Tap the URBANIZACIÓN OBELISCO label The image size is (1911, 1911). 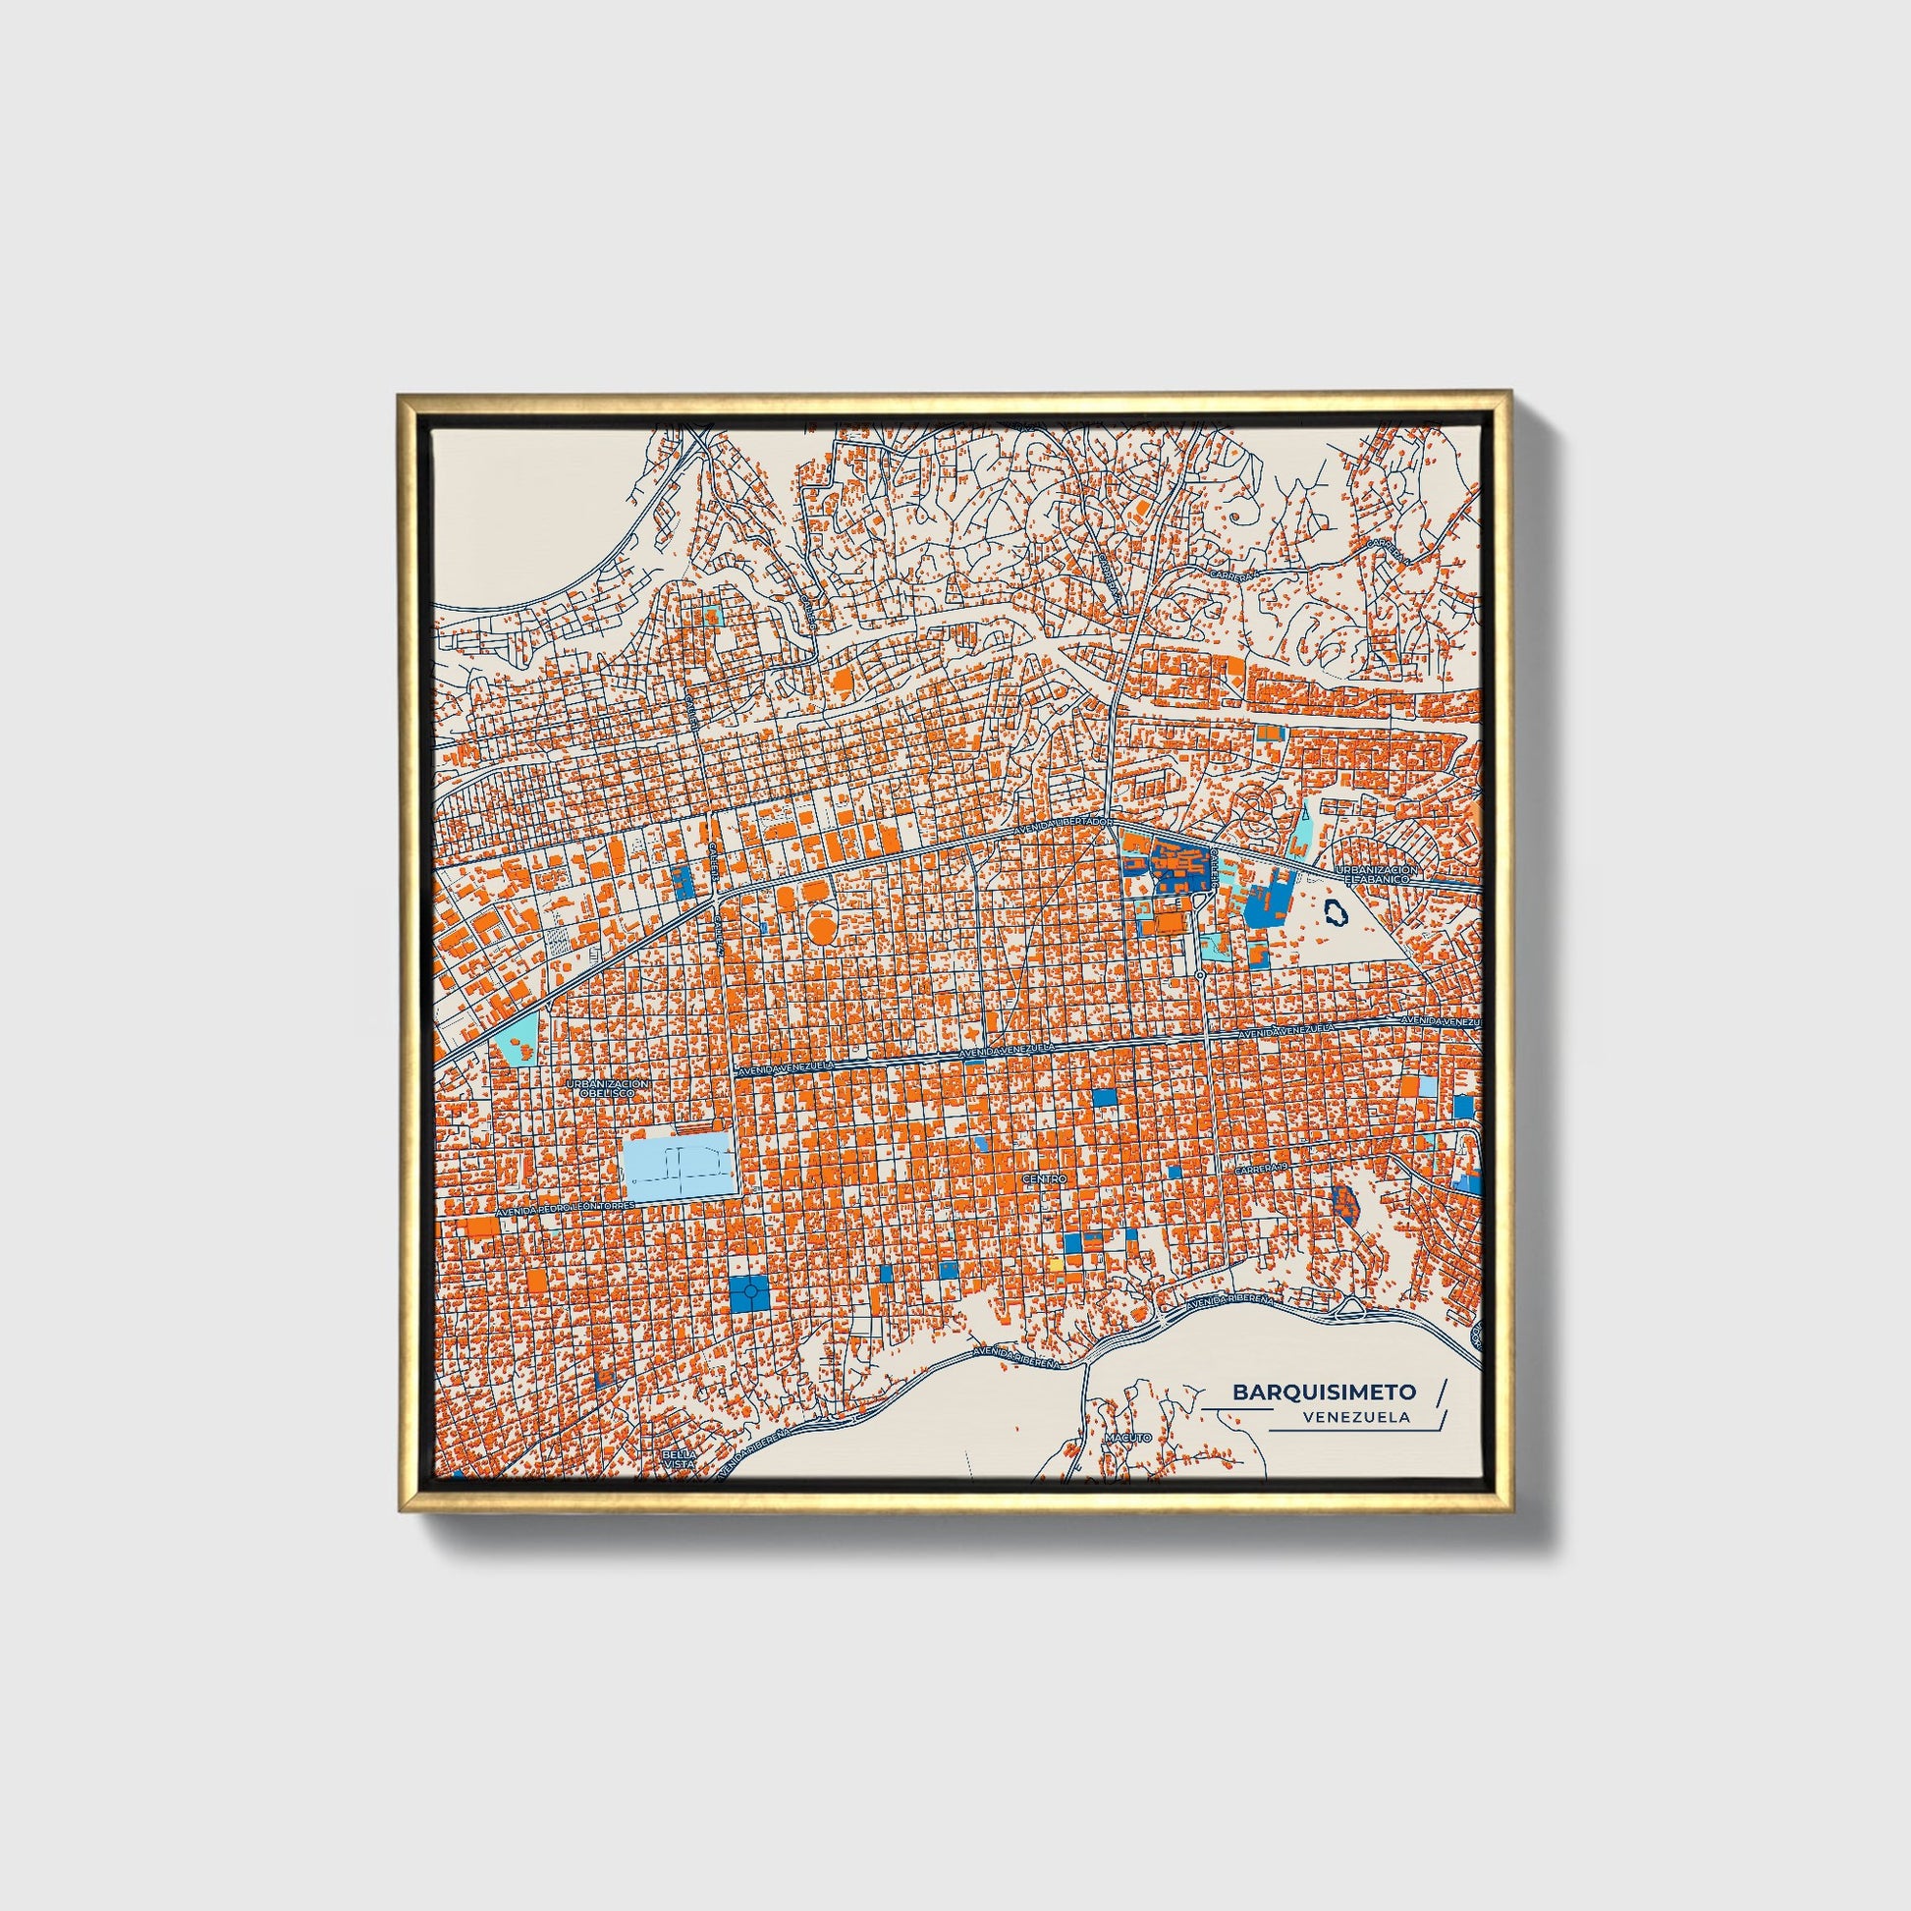608,1089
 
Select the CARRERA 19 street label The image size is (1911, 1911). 1262,1171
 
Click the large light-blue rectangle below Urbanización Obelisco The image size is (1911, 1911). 680,1170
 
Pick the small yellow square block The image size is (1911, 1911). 1057,1265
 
